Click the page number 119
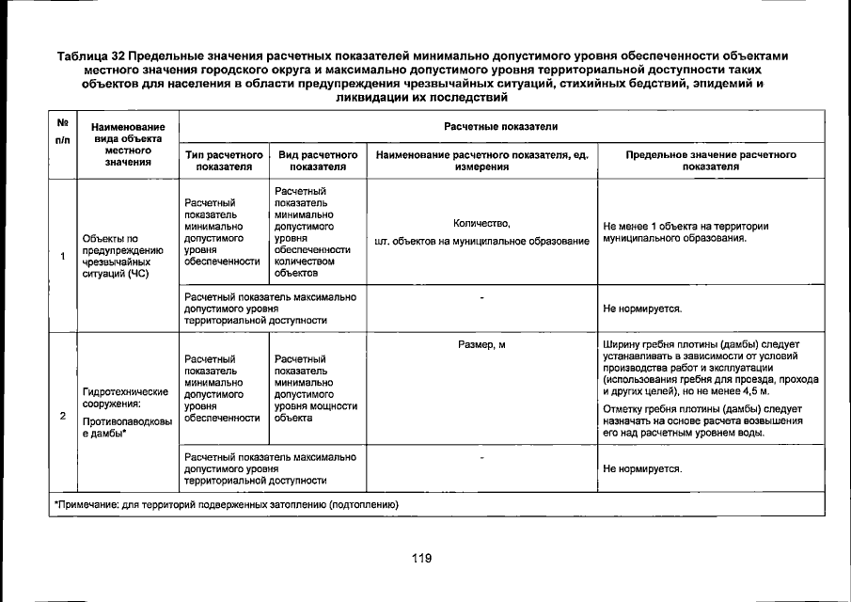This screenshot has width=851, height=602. tap(420, 558)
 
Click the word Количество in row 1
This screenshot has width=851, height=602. tap(481, 223)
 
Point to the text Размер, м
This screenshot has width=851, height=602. tap(481, 345)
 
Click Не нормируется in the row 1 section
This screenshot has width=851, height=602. tap(642, 308)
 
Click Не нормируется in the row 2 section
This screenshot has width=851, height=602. tap(642, 467)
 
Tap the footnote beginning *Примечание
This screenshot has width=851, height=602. tap(226, 505)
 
